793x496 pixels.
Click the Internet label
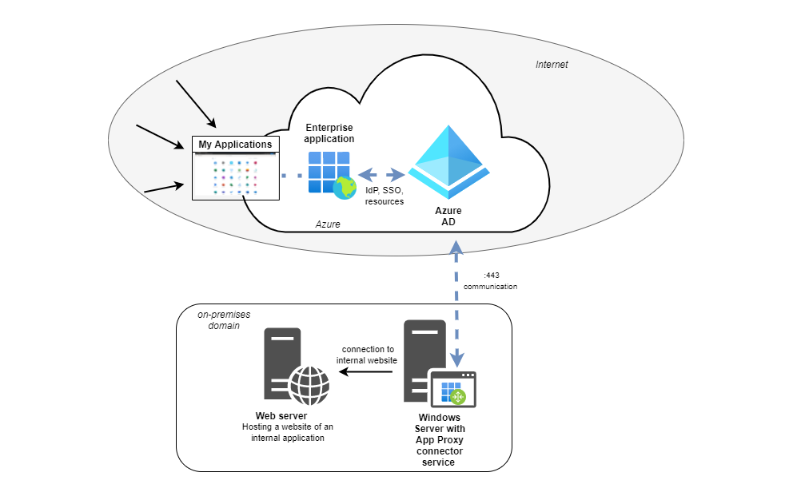click(552, 65)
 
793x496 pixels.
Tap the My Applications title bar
click(235, 145)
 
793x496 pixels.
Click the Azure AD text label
click(448, 216)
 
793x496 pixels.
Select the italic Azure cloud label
click(328, 224)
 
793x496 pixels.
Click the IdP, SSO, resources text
click(385, 196)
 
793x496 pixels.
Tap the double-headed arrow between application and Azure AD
click(381, 174)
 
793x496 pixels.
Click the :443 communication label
click(490, 280)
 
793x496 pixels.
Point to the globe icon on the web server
click(309, 385)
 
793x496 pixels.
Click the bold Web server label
click(281, 416)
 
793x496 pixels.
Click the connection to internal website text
click(367, 355)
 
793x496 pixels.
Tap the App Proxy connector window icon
click(452, 389)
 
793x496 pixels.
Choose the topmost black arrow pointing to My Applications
click(196, 104)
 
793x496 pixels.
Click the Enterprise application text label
click(329, 133)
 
